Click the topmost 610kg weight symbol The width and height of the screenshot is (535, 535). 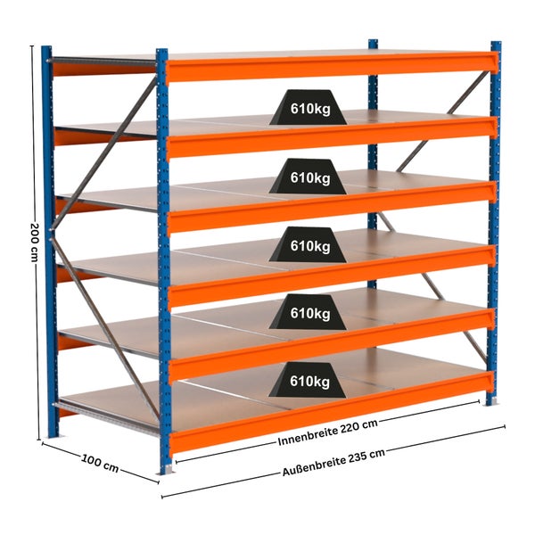(x=309, y=107)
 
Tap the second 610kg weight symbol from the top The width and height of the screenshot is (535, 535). (x=308, y=176)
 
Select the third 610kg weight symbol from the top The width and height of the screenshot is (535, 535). (x=308, y=244)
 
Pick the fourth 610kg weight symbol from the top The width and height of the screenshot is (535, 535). (x=308, y=312)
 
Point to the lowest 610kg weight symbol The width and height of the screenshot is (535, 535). (x=308, y=380)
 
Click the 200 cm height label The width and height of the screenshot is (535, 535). (x=35, y=243)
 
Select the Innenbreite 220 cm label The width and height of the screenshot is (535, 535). (x=328, y=432)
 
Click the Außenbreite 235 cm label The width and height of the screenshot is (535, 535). (x=333, y=462)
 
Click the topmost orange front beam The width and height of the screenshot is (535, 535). (x=332, y=66)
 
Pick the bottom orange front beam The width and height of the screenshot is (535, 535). (x=331, y=412)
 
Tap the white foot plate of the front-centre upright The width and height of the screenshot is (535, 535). (x=168, y=470)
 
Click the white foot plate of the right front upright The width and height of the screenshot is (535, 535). (x=491, y=401)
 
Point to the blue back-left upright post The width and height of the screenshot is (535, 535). (x=48, y=242)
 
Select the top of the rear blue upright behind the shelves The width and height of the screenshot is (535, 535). (x=373, y=44)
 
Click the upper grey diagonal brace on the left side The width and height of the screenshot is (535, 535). (x=104, y=152)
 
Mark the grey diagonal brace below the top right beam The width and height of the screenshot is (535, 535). (x=443, y=121)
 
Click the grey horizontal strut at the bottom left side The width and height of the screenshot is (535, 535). (x=106, y=418)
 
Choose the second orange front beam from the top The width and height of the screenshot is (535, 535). (x=332, y=137)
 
